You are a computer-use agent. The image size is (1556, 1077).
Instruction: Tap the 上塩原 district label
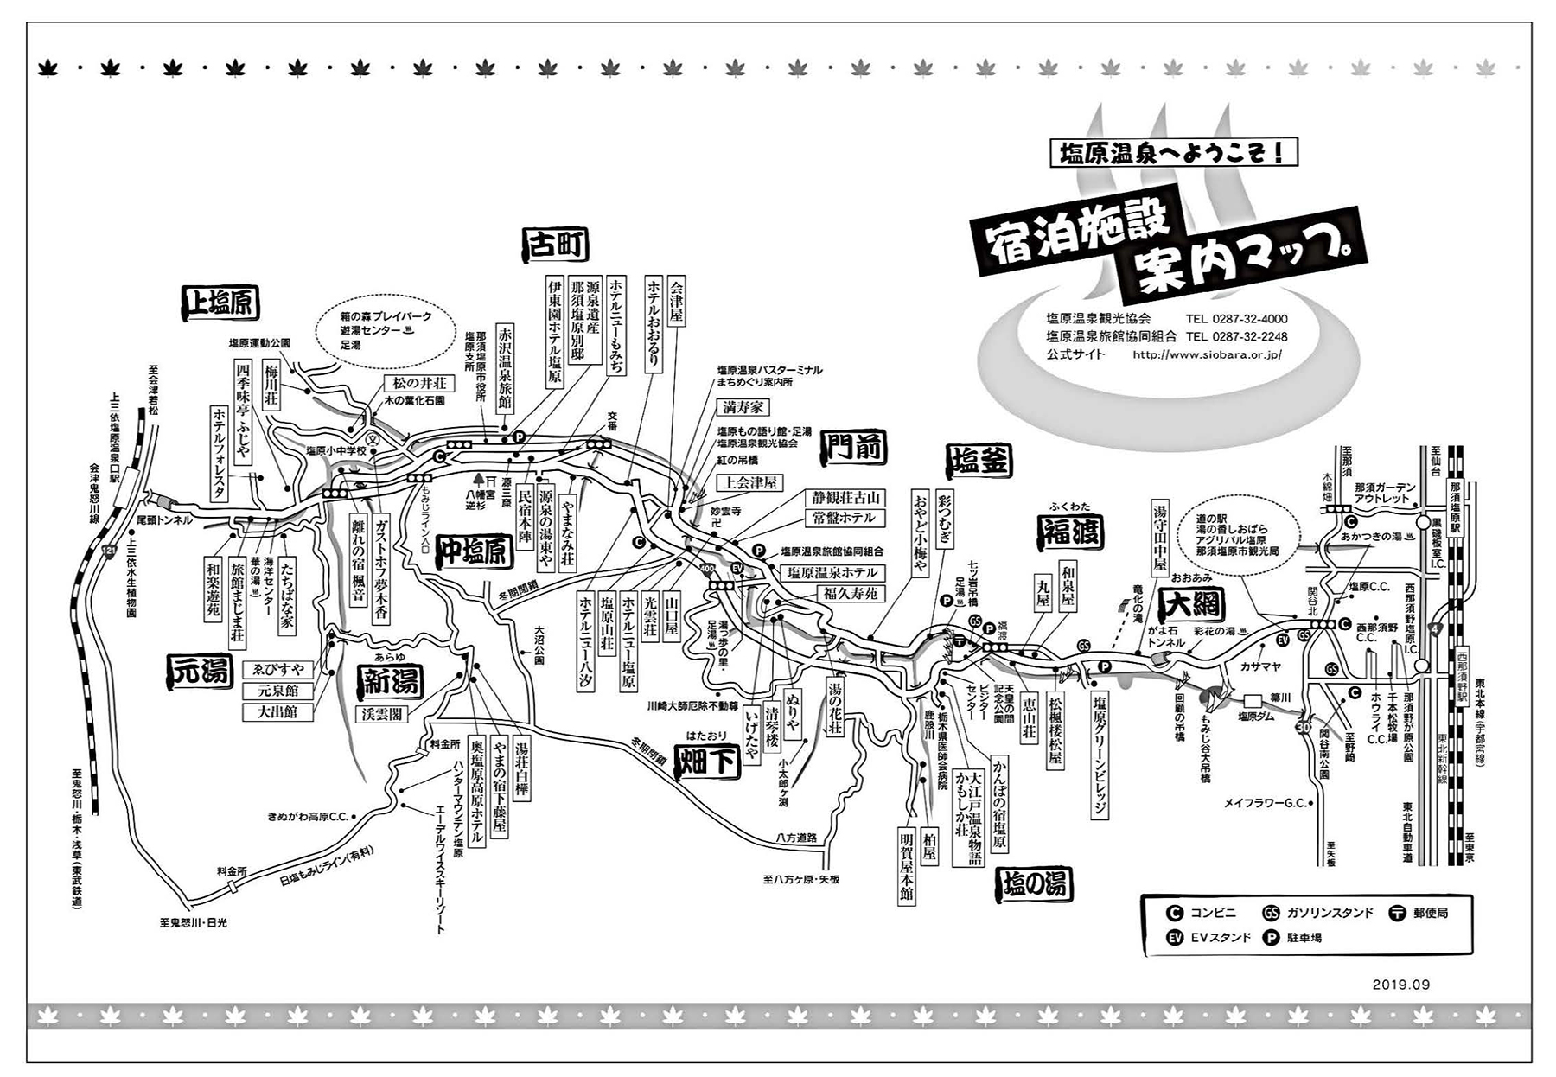point(221,301)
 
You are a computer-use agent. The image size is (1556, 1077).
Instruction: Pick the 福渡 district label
point(1070,532)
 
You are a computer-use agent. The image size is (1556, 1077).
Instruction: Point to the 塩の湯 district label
point(1036,883)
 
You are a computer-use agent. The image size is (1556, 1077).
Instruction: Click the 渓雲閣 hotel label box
point(381,714)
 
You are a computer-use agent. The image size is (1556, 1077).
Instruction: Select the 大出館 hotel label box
point(277,712)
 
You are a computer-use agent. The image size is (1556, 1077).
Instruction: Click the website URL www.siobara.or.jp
point(1206,354)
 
